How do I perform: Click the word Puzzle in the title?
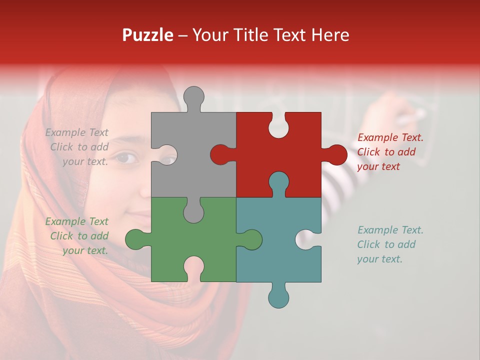148,35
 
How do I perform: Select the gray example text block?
77,147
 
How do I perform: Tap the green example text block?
77,236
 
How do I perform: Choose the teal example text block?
390,244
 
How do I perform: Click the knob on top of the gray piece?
193,97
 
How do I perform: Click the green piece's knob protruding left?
136,239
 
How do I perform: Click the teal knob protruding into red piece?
278,182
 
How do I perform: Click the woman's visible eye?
126,158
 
